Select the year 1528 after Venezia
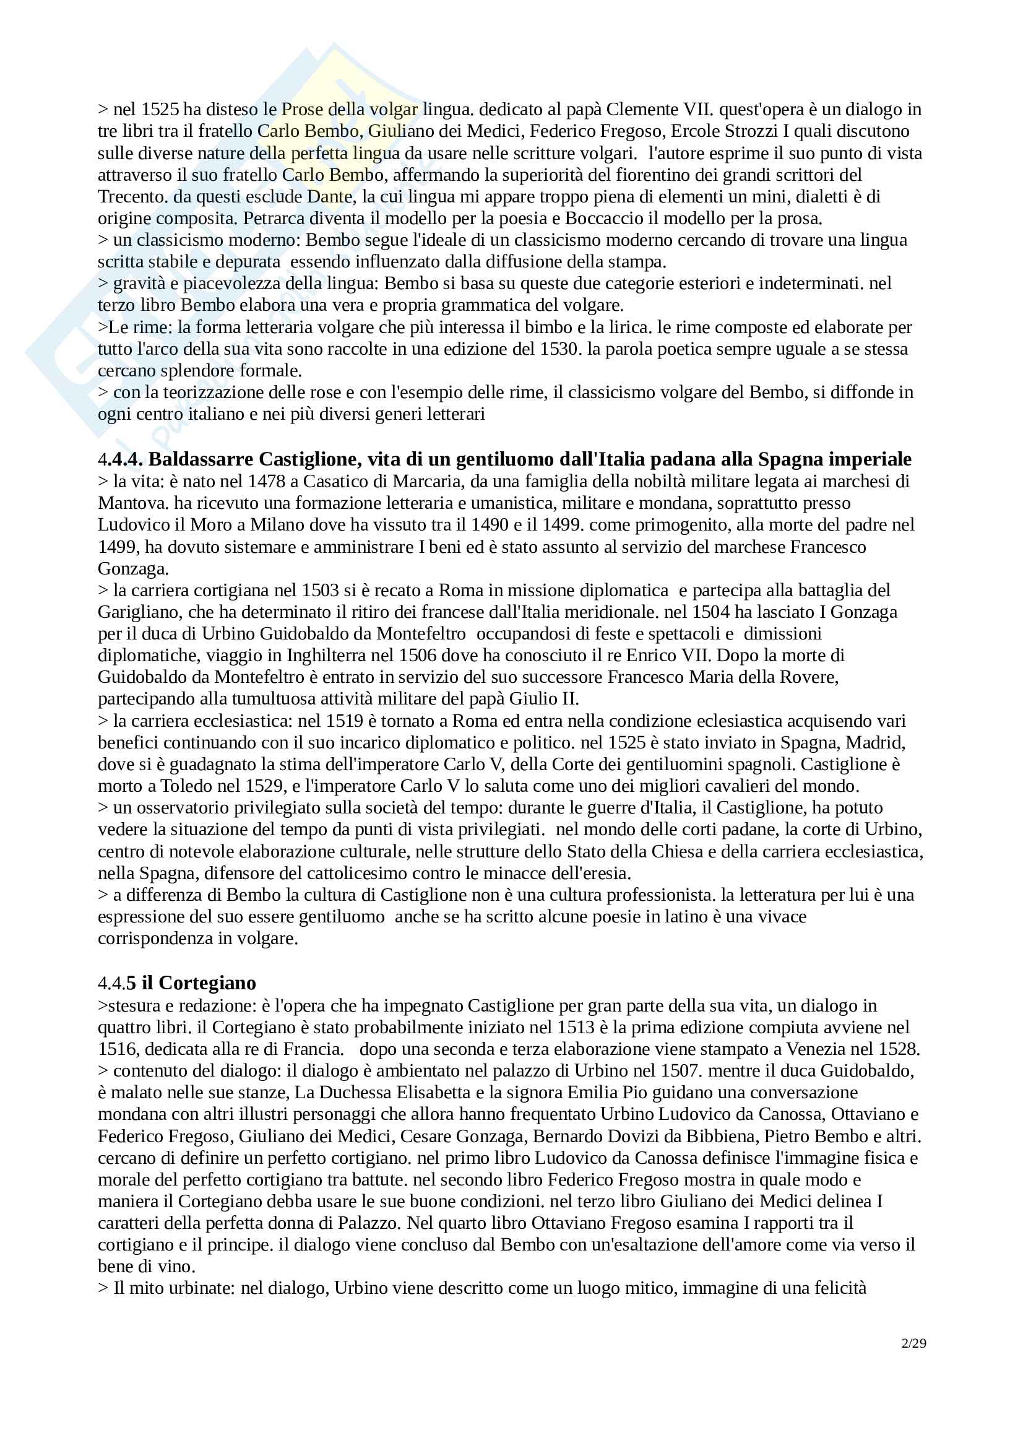pos(897,1049)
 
